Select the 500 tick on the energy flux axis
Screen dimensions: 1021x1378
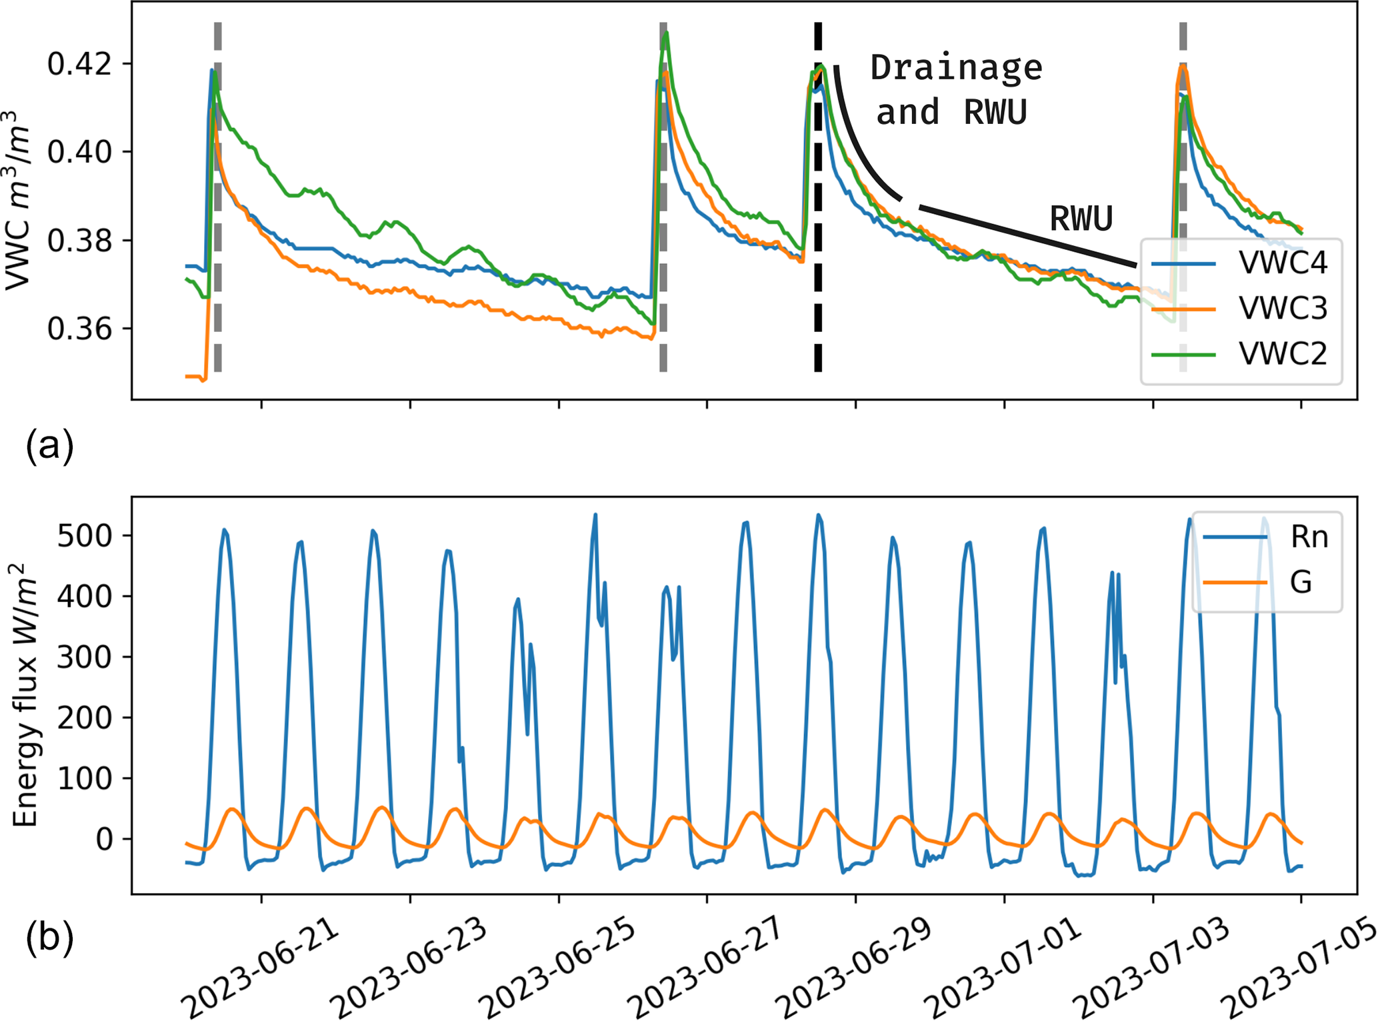pyautogui.click(x=85, y=536)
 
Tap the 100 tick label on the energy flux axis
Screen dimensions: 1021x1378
pyautogui.click(x=85, y=778)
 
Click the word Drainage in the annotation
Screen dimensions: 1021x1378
pyautogui.click(x=957, y=68)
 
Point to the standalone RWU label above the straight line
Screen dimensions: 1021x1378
pyautogui.click(x=1081, y=219)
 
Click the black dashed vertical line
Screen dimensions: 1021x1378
pyautogui.click(x=818, y=267)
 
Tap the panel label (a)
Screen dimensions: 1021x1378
pyautogui.click(x=49, y=445)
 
